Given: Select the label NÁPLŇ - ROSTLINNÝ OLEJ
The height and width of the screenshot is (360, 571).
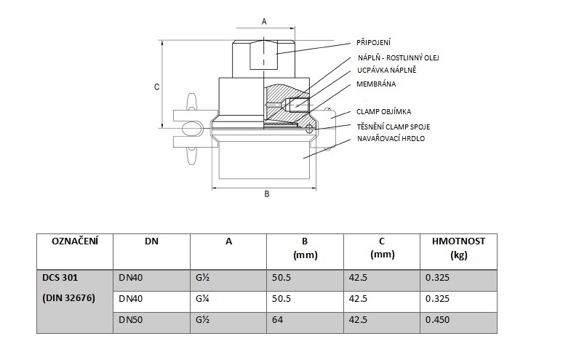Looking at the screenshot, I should [398, 57].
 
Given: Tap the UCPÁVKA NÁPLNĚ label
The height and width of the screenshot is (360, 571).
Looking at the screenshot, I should [386, 70].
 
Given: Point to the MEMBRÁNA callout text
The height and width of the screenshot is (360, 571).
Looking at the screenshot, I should [376, 84].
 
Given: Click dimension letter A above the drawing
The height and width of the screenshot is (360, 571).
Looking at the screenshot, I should [264, 22].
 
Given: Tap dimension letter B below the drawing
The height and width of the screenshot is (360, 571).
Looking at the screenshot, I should [266, 194].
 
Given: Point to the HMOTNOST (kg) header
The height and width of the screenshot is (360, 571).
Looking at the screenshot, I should [458, 247].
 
